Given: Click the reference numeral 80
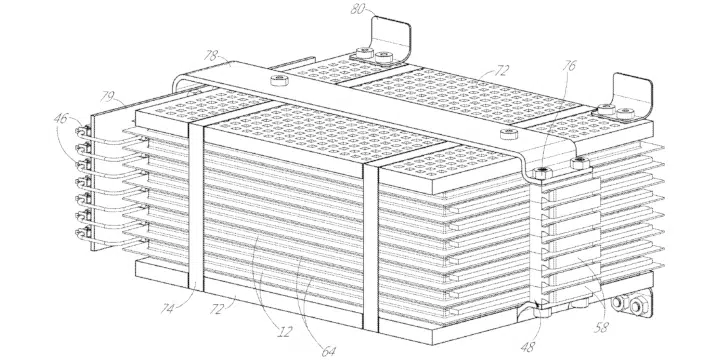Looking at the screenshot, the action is click(x=358, y=9).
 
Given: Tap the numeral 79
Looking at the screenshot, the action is click(x=107, y=97).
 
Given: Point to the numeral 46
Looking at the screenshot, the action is click(x=61, y=118).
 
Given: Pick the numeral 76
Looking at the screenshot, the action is click(x=568, y=67).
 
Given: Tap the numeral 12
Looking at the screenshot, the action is click(x=285, y=332).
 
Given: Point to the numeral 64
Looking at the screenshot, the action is click(x=328, y=352).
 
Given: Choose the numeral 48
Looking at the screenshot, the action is click(x=528, y=347).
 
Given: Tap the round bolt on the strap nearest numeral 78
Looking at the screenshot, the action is click(x=279, y=80).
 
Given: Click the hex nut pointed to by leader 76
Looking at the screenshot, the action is click(x=542, y=173).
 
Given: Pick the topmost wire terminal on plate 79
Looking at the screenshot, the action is click(x=80, y=132).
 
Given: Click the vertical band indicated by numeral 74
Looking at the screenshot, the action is click(x=196, y=206).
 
